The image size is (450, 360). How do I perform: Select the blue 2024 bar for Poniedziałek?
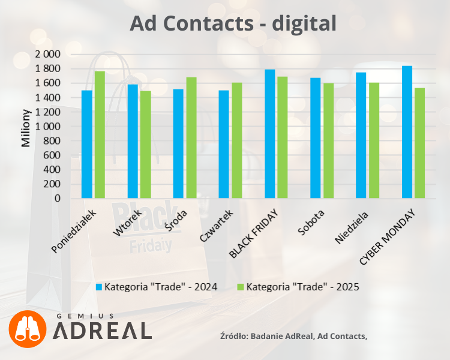coord(87,144)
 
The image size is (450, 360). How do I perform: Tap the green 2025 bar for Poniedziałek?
coord(100,135)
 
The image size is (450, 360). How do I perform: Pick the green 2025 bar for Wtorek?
coord(145,145)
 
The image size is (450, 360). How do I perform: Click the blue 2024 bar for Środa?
coord(178,143)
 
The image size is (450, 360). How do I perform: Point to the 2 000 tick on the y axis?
coord(48,54)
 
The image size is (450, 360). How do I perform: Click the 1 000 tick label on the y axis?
coord(48,127)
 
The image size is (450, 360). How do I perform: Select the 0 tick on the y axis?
coord(58,199)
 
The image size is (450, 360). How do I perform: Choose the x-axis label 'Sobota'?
coord(311,223)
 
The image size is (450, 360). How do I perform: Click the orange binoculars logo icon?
coord(27,329)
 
